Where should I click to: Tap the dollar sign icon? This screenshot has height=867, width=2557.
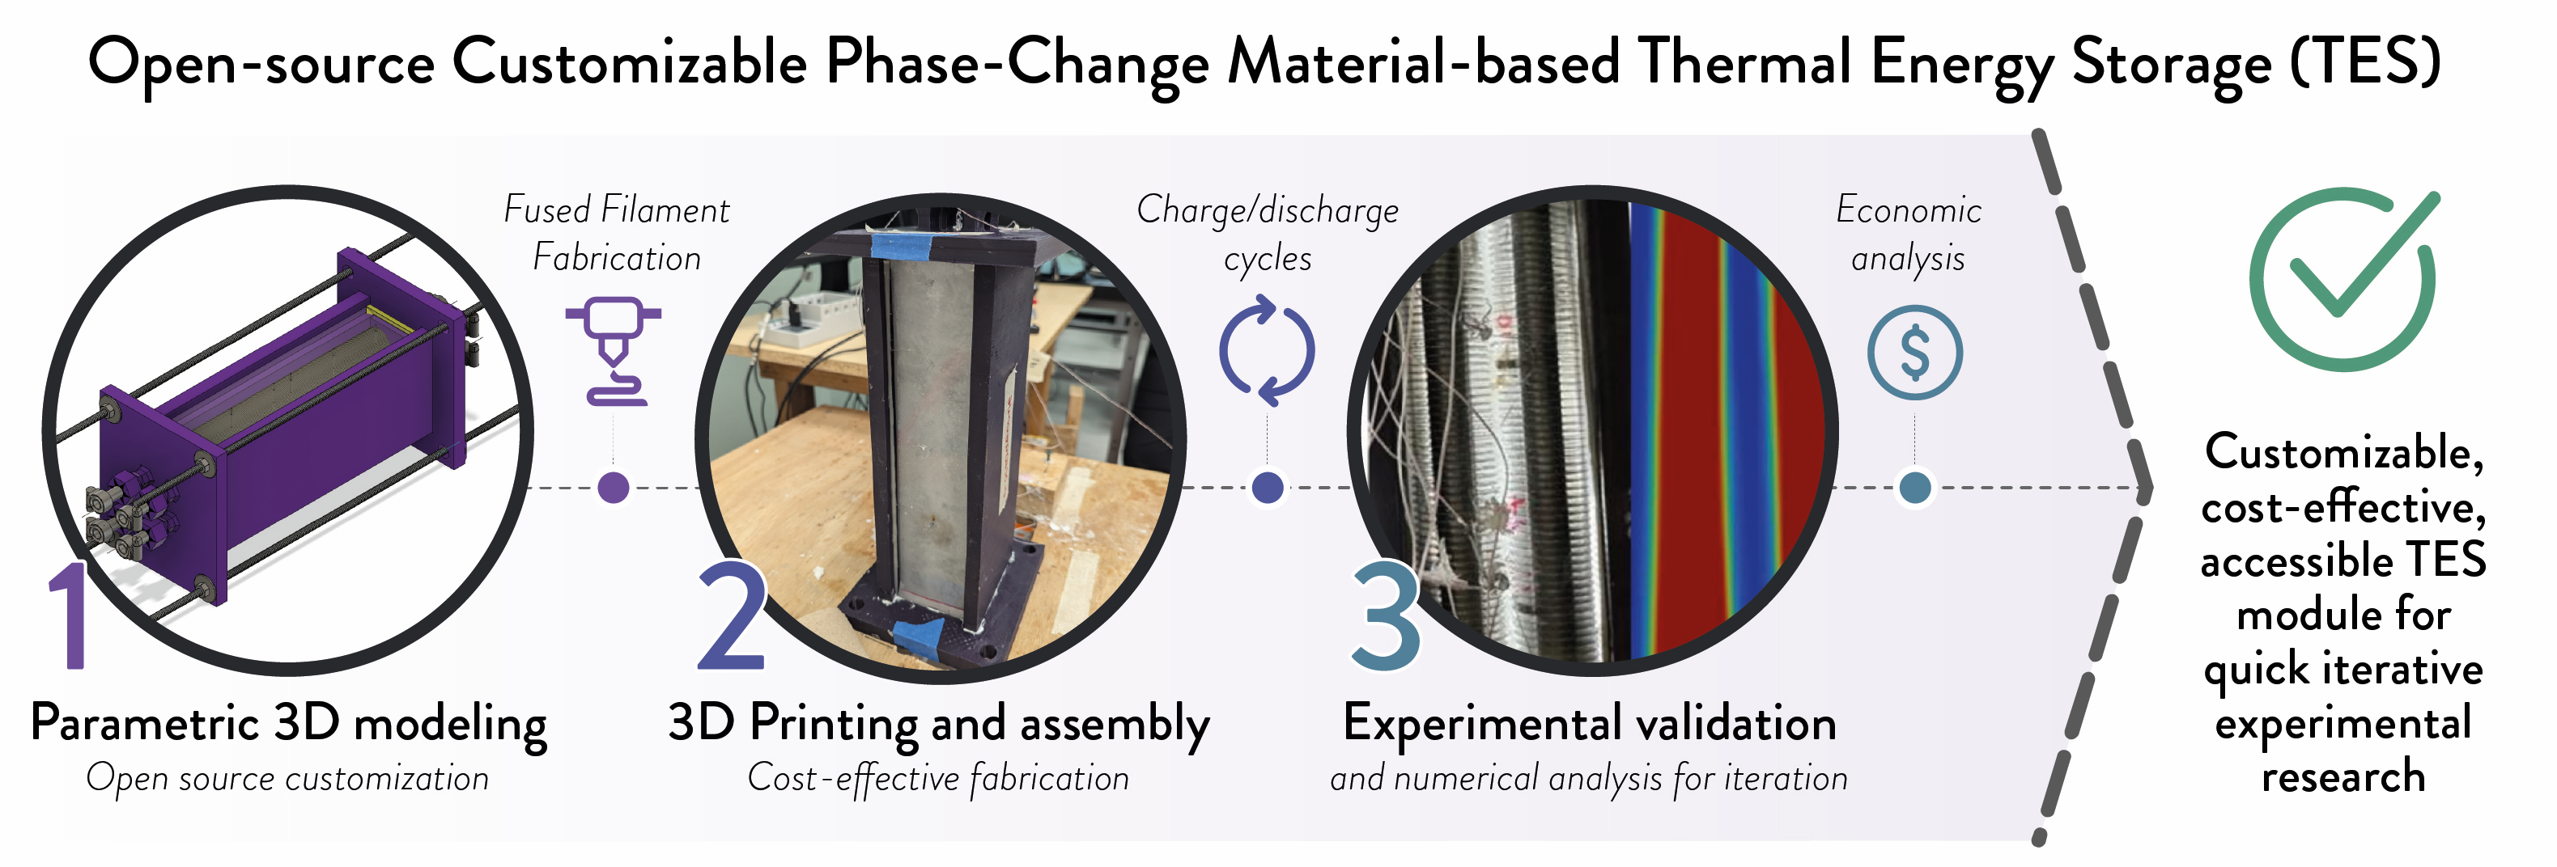click(1915, 352)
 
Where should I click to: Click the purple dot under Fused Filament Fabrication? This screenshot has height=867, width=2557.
click(614, 487)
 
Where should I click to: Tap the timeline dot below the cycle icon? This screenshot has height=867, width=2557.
click(1268, 487)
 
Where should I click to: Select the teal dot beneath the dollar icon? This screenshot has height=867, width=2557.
click(1915, 487)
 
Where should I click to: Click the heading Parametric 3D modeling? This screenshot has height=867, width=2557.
click(289, 724)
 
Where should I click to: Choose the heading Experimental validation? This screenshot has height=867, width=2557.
click(1589, 723)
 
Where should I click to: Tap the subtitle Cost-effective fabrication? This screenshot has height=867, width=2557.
click(938, 779)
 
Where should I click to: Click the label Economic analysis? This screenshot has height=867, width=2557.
click(1908, 234)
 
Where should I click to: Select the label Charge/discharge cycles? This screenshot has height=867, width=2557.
click(1268, 234)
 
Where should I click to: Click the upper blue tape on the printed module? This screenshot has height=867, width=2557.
click(913, 243)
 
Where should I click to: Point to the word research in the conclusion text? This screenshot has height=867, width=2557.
click(2343, 776)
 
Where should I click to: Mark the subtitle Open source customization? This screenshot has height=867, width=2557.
click(288, 779)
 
